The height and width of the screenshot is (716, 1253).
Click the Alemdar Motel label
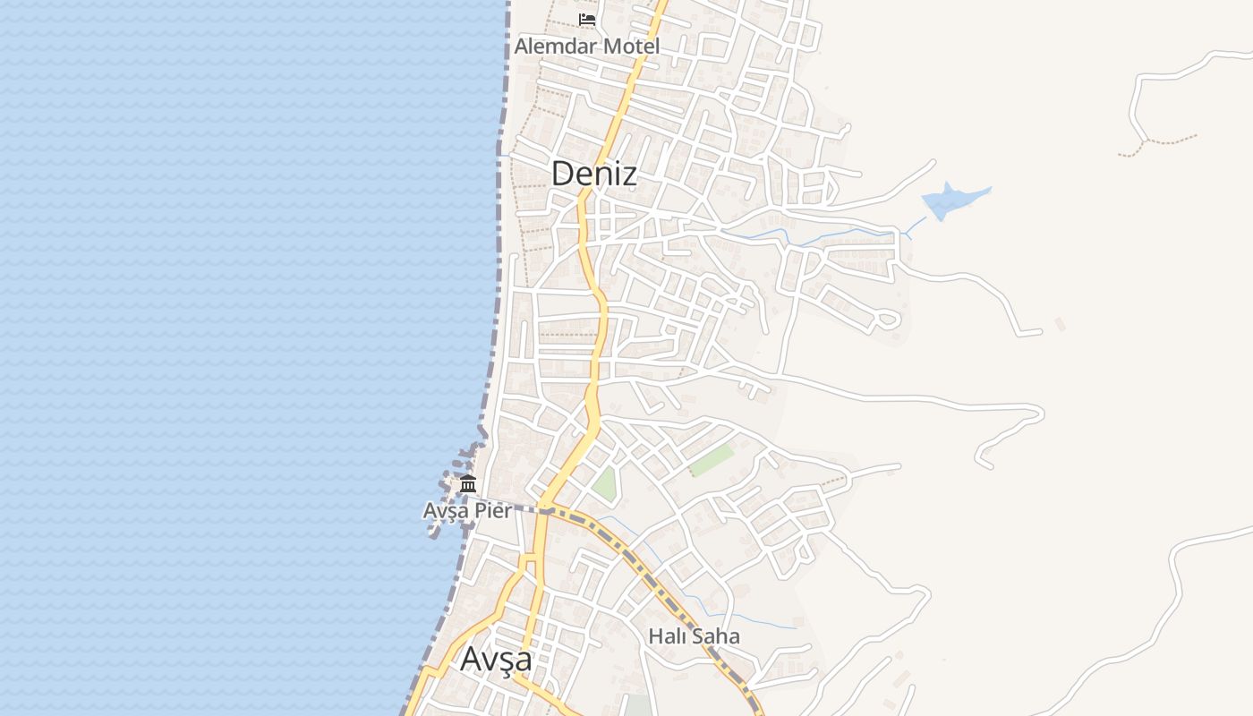[587, 46]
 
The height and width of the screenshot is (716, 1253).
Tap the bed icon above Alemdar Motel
[587, 19]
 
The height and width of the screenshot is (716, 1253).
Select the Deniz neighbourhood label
[593, 174]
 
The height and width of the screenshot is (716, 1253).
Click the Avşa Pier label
[467, 510]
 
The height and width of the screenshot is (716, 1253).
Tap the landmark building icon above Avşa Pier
[467, 484]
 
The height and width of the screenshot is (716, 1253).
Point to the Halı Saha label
[694, 636]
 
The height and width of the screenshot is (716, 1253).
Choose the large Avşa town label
[496, 659]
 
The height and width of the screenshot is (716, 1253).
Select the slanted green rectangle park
[712, 461]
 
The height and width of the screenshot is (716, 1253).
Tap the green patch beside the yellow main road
[605, 483]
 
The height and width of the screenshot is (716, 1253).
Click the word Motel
[631, 46]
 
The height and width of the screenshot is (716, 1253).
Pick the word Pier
[493, 510]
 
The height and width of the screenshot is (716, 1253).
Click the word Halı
[667, 636]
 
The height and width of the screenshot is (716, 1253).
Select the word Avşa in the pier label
[446, 510]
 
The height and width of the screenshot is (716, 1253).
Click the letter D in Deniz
[563, 174]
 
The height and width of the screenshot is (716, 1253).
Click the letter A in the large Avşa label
[471, 659]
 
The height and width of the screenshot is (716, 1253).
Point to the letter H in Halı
[654, 636]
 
